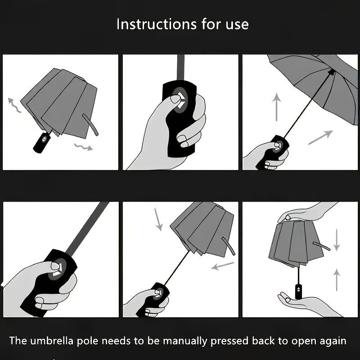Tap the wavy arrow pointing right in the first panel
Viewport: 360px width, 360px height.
click(x=83, y=146)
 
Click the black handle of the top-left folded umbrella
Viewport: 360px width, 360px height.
click(x=41, y=142)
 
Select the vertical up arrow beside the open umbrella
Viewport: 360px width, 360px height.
click(x=277, y=107)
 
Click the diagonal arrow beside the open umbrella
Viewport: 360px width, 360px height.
click(x=320, y=137)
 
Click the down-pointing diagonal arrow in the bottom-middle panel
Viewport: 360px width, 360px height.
click(x=158, y=219)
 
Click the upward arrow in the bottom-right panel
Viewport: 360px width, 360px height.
click(x=337, y=279)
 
